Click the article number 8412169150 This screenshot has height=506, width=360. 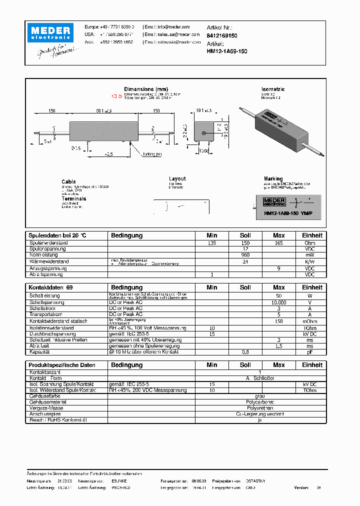click(x=222, y=36)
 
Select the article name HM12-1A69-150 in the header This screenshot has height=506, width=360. click(x=226, y=51)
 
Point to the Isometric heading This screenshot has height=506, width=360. click(x=273, y=89)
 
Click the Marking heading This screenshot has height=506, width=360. click(x=273, y=178)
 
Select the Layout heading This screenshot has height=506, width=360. click(x=177, y=178)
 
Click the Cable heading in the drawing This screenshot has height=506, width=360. click(x=68, y=181)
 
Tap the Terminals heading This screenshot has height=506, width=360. click(x=73, y=198)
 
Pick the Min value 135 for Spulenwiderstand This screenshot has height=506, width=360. click(x=212, y=243)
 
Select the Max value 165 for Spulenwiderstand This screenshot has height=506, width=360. click(x=278, y=243)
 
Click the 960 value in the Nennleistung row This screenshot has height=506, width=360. click(x=245, y=255)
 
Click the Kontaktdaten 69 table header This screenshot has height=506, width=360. click(x=50, y=287)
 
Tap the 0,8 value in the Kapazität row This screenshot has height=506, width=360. click(x=245, y=352)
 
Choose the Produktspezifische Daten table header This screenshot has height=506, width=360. click(x=61, y=365)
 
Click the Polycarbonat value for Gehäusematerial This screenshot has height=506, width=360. click(x=260, y=402)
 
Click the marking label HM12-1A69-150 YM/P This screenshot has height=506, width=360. click(x=288, y=212)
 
